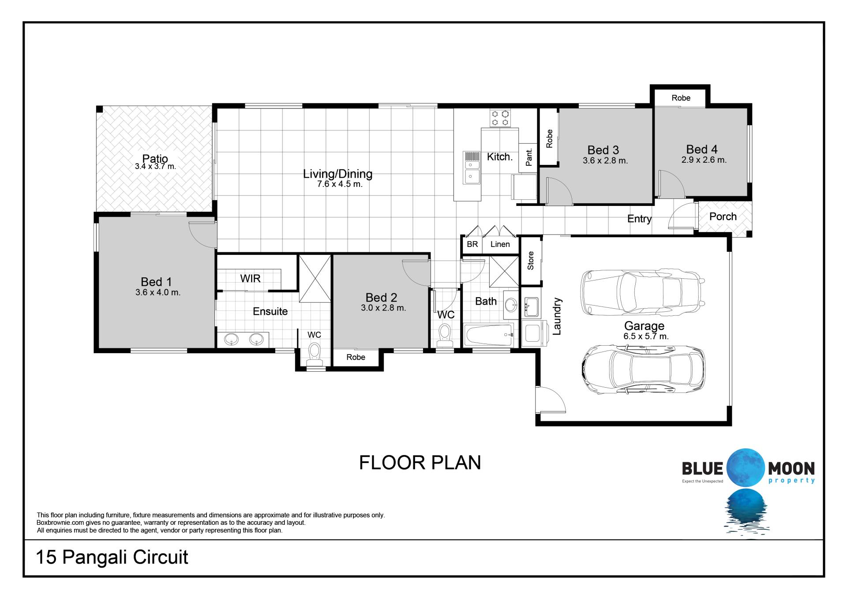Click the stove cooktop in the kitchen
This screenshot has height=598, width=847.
(500, 118)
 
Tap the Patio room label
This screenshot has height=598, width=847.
(155, 158)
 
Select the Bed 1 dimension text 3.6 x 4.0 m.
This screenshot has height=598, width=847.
(158, 292)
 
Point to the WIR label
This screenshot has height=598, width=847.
(250, 278)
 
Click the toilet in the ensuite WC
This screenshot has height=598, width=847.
(315, 355)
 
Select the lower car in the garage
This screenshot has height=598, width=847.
(643, 369)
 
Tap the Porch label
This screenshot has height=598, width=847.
(723, 217)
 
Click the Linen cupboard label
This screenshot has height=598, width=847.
(500, 244)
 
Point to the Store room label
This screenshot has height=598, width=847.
(531, 261)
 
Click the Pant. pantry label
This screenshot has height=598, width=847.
(529, 157)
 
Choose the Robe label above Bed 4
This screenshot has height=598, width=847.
(681, 98)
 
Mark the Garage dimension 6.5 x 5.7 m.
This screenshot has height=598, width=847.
(646, 336)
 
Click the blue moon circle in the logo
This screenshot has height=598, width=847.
(746, 468)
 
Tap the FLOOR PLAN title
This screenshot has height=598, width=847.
(420, 463)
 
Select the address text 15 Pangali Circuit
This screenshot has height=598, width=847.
(112, 557)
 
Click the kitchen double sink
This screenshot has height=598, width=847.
(471, 168)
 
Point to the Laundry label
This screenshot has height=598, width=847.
(557, 316)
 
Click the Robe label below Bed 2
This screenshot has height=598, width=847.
(356, 357)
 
